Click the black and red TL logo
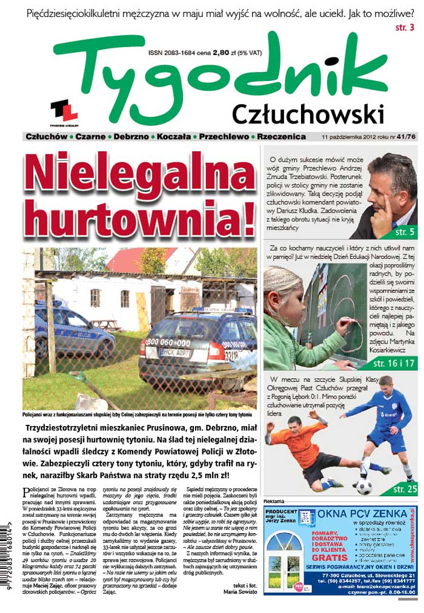coord(64,110)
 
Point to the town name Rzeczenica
coord(280,137)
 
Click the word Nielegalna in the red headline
coord(139,175)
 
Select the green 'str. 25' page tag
coord(404,489)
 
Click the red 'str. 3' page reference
coord(405,27)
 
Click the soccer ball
coord(364,487)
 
